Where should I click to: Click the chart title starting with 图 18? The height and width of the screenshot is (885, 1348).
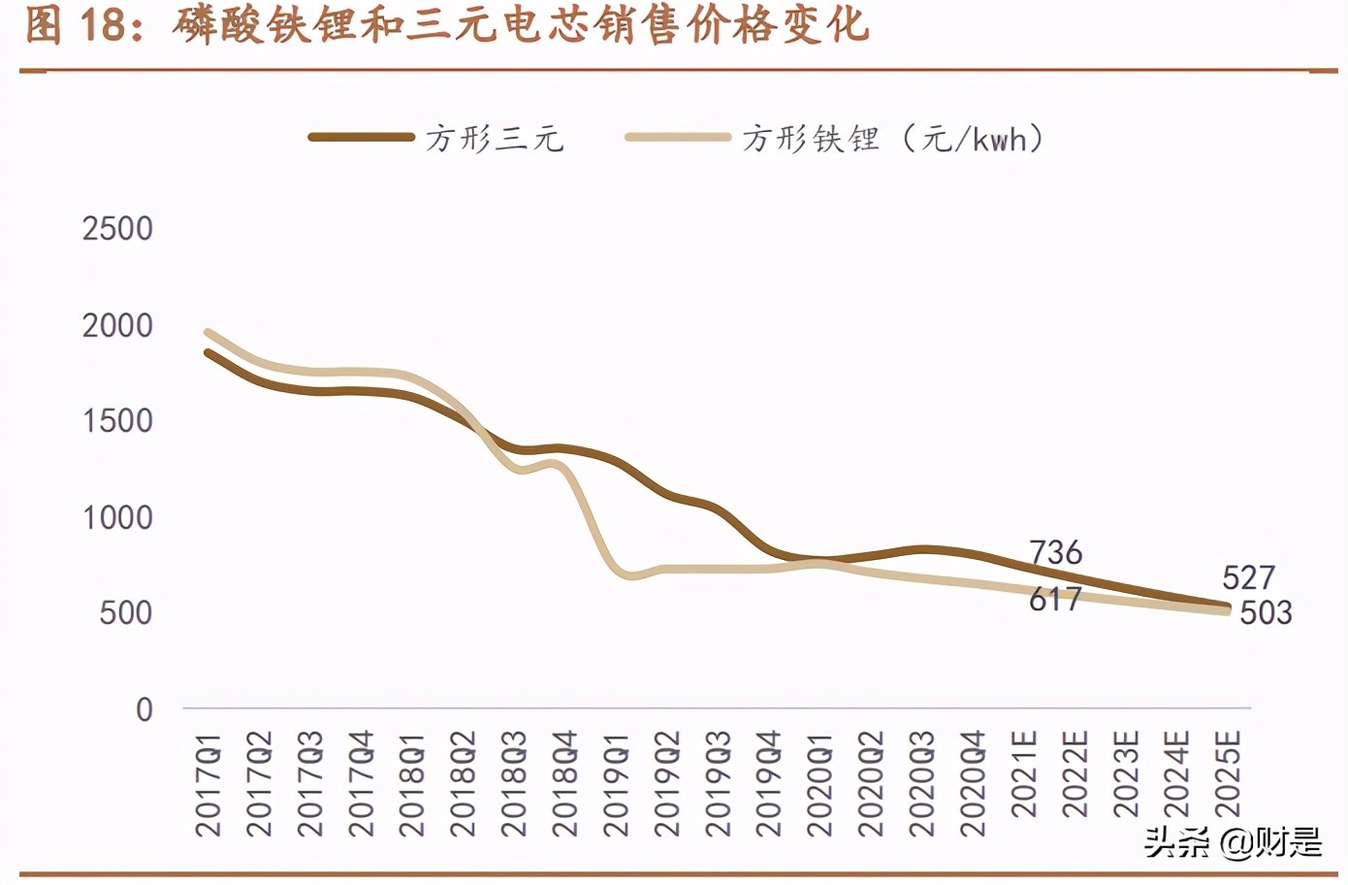[446, 25]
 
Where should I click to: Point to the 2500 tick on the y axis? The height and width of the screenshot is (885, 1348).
[117, 229]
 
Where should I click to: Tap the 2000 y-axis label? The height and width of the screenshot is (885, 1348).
[117, 326]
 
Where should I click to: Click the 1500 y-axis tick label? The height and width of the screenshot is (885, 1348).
[117, 421]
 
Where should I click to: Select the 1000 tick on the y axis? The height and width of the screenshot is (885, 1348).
[117, 517]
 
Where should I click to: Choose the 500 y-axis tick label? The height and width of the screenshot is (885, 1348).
[126, 613]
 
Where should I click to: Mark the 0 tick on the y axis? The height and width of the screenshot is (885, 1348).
[144, 709]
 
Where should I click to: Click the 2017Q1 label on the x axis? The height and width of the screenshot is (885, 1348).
[209, 784]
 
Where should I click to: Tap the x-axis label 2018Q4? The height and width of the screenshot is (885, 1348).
[565, 784]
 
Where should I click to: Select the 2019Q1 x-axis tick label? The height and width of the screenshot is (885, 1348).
[617, 784]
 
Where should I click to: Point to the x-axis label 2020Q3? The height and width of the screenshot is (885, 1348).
[922, 784]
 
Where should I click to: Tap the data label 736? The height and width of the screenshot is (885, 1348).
[1055, 553]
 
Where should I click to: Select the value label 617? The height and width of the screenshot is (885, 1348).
[1055, 600]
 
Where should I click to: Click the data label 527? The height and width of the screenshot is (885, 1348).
[1248, 578]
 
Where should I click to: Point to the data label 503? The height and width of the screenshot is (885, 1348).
[1266, 613]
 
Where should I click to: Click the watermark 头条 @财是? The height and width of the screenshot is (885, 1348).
[1233, 842]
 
